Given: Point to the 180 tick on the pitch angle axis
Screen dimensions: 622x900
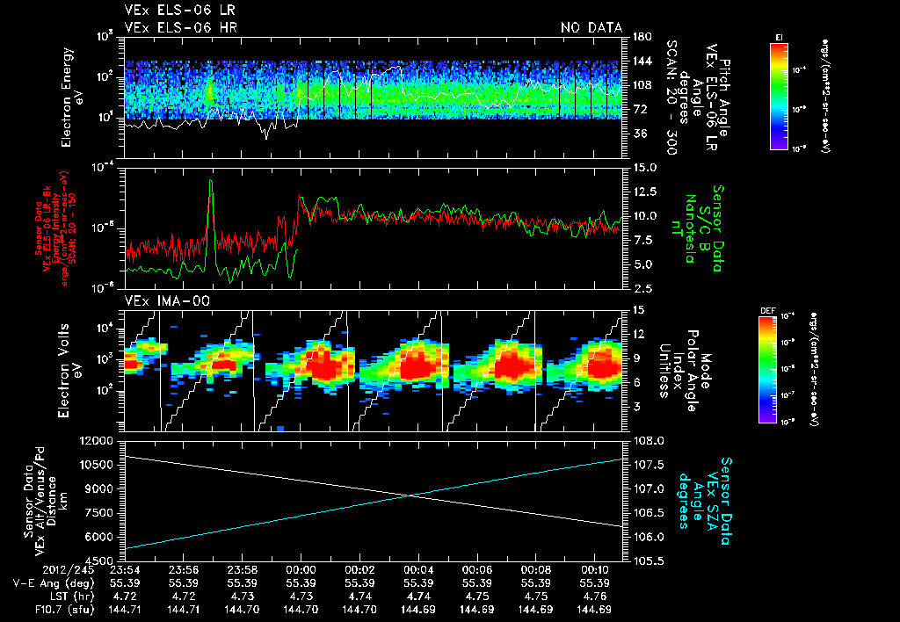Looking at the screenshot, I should tap(635, 36).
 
